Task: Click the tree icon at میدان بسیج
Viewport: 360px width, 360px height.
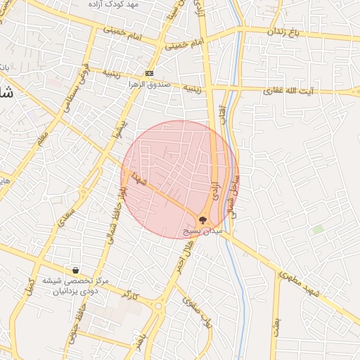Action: tap(203, 220)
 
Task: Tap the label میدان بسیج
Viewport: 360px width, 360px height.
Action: tap(202, 231)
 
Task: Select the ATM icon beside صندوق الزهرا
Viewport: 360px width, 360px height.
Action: tap(149, 73)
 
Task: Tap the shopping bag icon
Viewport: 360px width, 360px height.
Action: tap(75, 270)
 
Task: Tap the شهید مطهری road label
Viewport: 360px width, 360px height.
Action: tap(298, 285)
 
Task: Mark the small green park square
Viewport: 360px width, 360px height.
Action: tap(318, 230)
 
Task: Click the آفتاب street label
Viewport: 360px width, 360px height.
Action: tap(223, 113)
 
